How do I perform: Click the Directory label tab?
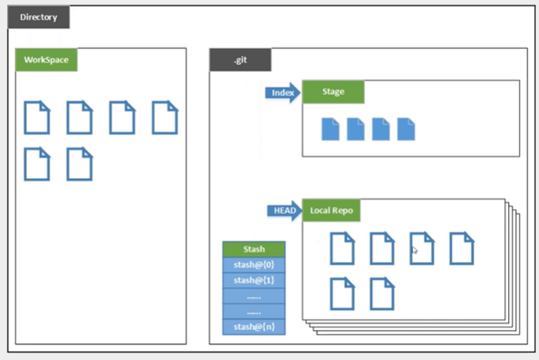(39, 17)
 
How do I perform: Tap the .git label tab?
(240, 60)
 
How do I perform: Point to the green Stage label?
(333, 92)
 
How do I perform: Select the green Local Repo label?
(332, 210)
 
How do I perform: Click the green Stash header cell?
(253, 249)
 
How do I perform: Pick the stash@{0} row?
(253, 264)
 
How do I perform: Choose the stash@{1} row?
(253, 280)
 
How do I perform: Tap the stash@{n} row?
(253, 326)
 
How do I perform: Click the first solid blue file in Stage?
(330, 129)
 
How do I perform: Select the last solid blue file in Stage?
(406, 129)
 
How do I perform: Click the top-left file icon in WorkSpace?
(36, 118)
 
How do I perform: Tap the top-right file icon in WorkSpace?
(165, 118)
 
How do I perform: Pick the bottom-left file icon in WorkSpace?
(36, 164)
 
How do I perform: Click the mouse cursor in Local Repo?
(415, 250)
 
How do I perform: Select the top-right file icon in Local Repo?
(461, 248)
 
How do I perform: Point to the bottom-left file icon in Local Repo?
(342, 294)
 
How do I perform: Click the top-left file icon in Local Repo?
(342, 248)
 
